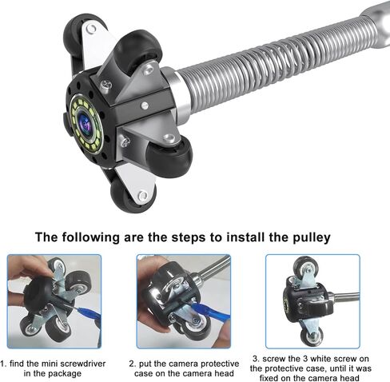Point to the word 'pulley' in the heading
point(312,237)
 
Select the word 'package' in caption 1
point(66,373)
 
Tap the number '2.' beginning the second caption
point(133,364)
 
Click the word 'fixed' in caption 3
point(270,378)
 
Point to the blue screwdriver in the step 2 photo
point(210,312)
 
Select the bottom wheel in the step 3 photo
point(311,336)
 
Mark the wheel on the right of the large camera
point(169,157)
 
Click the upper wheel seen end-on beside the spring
point(141,50)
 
